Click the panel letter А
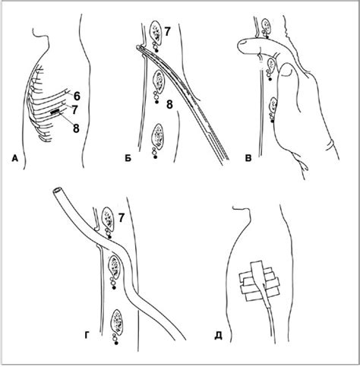(15, 159)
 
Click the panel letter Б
(128, 158)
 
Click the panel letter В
(248, 159)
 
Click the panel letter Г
(87, 335)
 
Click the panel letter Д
(218, 336)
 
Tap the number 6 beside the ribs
(77, 96)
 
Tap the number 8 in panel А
(76, 128)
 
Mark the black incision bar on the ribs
(55, 111)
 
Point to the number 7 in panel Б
(167, 33)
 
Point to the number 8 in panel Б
(169, 104)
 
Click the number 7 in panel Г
(122, 218)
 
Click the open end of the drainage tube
(57, 191)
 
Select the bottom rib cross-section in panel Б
(158, 136)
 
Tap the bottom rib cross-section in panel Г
(117, 321)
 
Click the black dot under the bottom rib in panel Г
(116, 343)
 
